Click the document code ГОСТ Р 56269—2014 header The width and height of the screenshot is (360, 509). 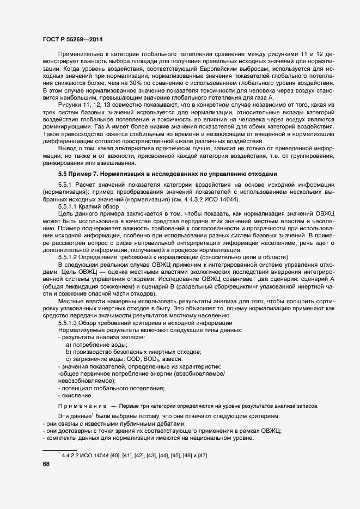pos(72,40)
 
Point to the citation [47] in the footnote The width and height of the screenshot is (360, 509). pos(201,455)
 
